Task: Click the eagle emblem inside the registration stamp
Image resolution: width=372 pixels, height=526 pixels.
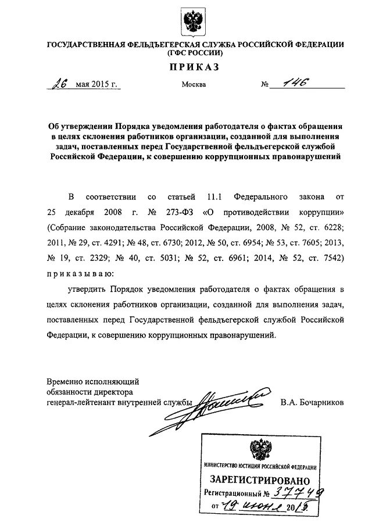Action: pos(260,450)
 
